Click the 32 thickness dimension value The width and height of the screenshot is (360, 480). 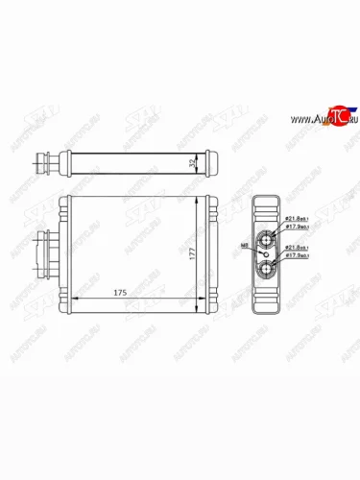click(195, 161)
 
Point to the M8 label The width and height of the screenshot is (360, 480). click(245, 246)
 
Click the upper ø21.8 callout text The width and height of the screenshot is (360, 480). click(298, 221)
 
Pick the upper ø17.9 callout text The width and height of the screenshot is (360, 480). click(298, 228)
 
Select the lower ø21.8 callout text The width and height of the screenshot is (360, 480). click(298, 248)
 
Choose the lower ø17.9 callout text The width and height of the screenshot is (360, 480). click(298, 256)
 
